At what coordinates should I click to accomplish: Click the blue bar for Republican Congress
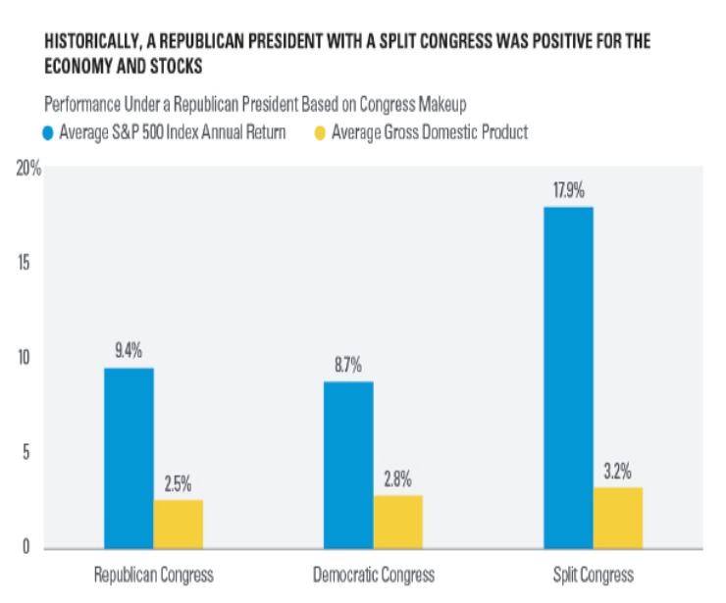(x=129, y=458)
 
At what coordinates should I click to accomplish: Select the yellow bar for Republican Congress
(x=178, y=525)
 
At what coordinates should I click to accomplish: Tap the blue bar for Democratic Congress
(x=348, y=465)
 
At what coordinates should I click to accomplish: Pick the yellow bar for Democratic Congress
(x=397, y=522)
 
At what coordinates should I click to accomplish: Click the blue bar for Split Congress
(x=568, y=377)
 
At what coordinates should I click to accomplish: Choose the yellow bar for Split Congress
(x=618, y=518)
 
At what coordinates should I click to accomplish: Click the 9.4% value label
(x=129, y=351)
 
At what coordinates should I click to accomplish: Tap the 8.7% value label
(x=348, y=365)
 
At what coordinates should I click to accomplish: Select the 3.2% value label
(x=618, y=471)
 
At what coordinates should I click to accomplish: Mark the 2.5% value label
(x=178, y=483)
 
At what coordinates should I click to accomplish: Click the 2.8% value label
(x=397, y=478)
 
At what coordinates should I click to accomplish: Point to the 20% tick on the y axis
(x=28, y=169)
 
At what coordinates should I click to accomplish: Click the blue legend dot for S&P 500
(x=49, y=133)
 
